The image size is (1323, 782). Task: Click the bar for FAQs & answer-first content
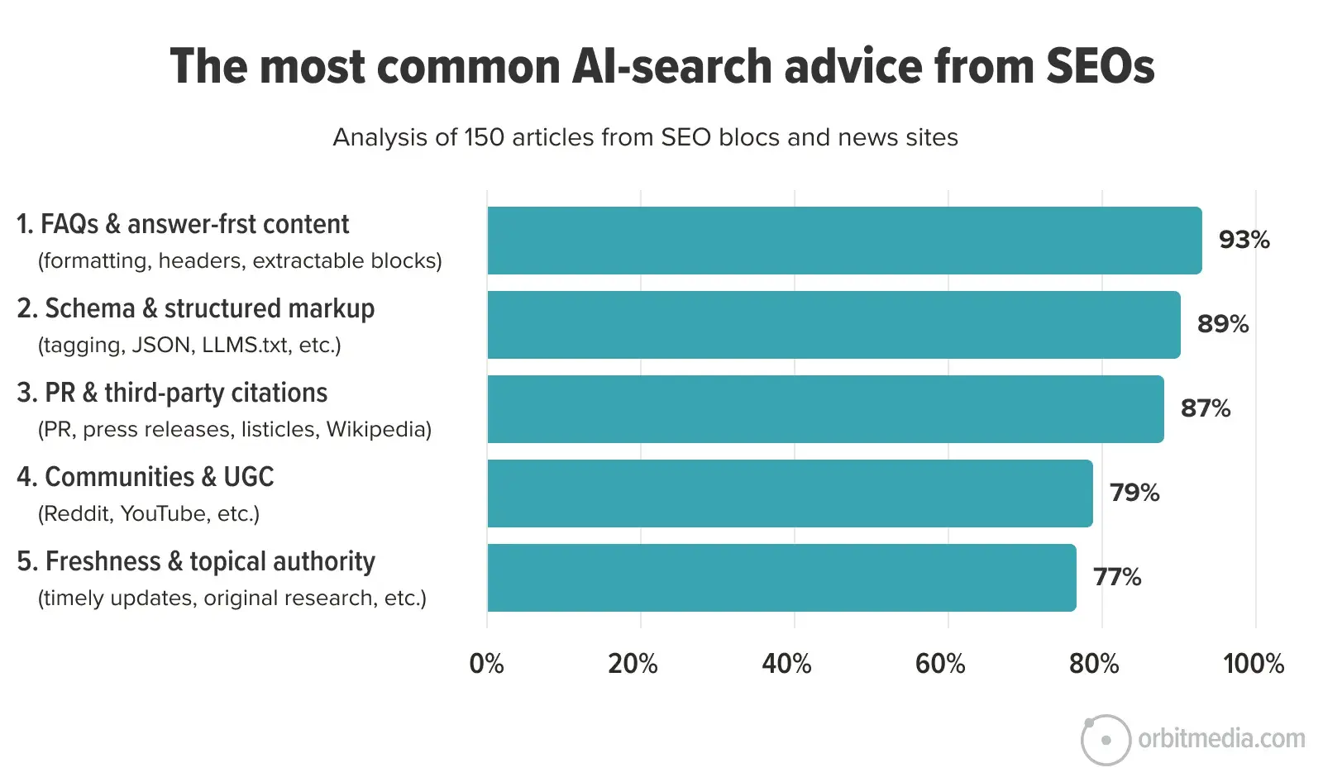click(x=843, y=241)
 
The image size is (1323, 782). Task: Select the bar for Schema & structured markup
click(x=833, y=325)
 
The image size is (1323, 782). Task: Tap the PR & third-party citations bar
click(x=825, y=409)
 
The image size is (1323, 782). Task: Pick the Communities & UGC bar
click(x=790, y=494)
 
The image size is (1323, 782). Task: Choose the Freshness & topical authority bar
click(x=781, y=578)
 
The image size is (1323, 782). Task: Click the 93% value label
click(x=1244, y=240)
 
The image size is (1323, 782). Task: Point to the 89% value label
click(x=1222, y=324)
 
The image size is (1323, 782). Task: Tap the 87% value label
click(x=1205, y=408)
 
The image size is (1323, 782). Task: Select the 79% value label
click(x=1134, y=493)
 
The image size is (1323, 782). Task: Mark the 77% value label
click(x=1116, y=577)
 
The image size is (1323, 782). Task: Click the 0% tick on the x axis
click(x=486, y=664)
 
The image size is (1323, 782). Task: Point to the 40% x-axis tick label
click(x=786, y=664)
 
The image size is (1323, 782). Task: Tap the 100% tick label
click(x=1254, y=664)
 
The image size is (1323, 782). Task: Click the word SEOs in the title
click(x=1100, y=66)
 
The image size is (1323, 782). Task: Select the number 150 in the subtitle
click(x=484, y=137)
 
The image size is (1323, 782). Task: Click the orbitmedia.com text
click(x=1221, y=738)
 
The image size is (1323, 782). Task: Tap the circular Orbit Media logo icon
click(x=1106, y=740)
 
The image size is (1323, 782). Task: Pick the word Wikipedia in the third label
click(x=378, y=430)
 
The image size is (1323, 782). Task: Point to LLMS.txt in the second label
click(x=246, y=346)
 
